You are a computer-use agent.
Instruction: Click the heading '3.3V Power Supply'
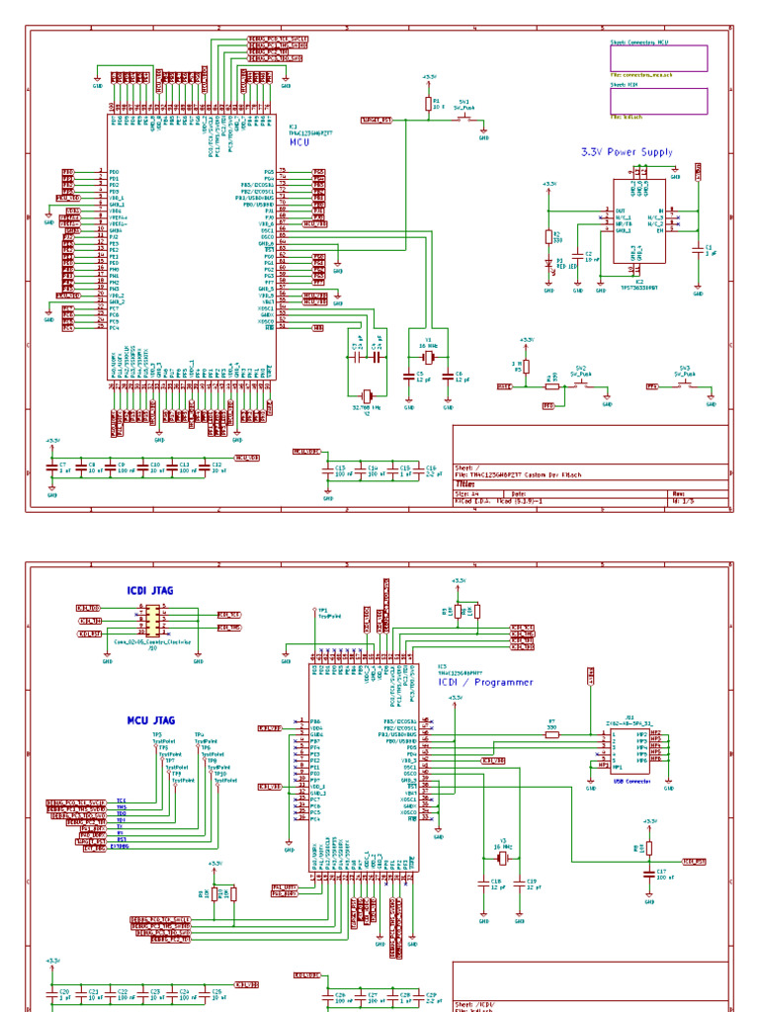(x=627, y=152)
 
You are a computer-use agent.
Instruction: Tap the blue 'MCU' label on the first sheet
(x=299, y=142)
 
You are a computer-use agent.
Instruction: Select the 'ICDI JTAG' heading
(x=150, y=590)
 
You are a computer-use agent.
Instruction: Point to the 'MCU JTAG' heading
(x=150, y=720)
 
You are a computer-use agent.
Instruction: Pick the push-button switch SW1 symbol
(x=464, y=118)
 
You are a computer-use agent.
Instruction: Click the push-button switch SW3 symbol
(x=685, y=386)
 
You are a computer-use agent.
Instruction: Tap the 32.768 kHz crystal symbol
(x=367, y=394)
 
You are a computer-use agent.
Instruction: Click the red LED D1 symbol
(x=549, y=264)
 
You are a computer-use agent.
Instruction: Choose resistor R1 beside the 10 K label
(x=429, y=102)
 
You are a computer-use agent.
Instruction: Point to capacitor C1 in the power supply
(x=698, y=251)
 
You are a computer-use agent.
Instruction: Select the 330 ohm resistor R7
(x=551, y=733)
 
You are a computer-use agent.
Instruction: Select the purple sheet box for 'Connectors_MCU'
(x=658, y=59)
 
